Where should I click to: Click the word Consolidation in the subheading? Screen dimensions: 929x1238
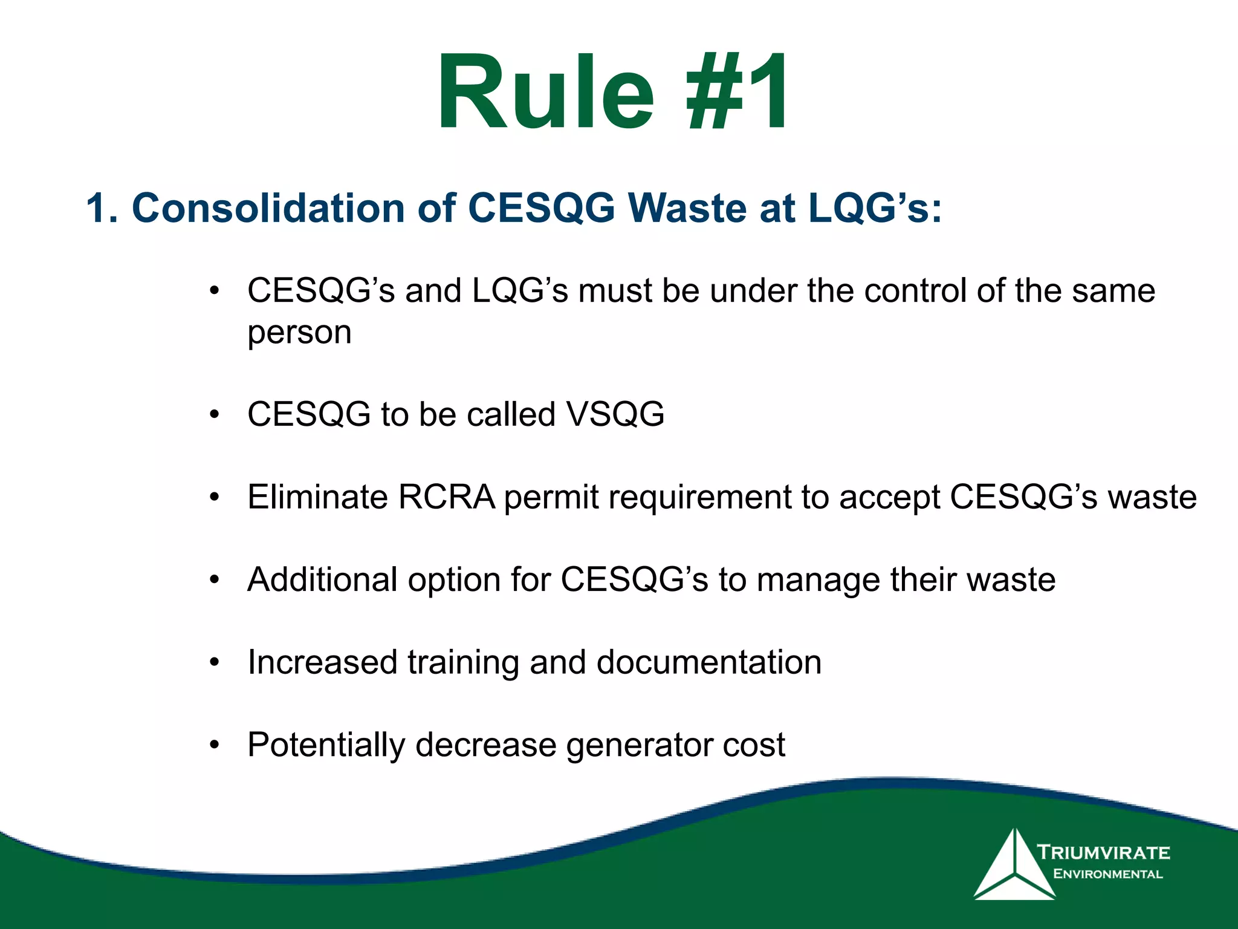click(x=268, y=208)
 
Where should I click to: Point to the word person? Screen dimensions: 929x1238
click(x=299, y=333)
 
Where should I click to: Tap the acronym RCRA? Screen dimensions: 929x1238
click(x=446, y=497)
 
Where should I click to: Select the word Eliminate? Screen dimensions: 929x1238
click(x=317, y=497)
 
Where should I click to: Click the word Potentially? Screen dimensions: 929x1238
click(x=326, y=745)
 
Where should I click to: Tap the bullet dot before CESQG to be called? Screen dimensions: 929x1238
click(x=214, y=415)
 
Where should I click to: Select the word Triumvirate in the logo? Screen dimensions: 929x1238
click(x=1104, y=853)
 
